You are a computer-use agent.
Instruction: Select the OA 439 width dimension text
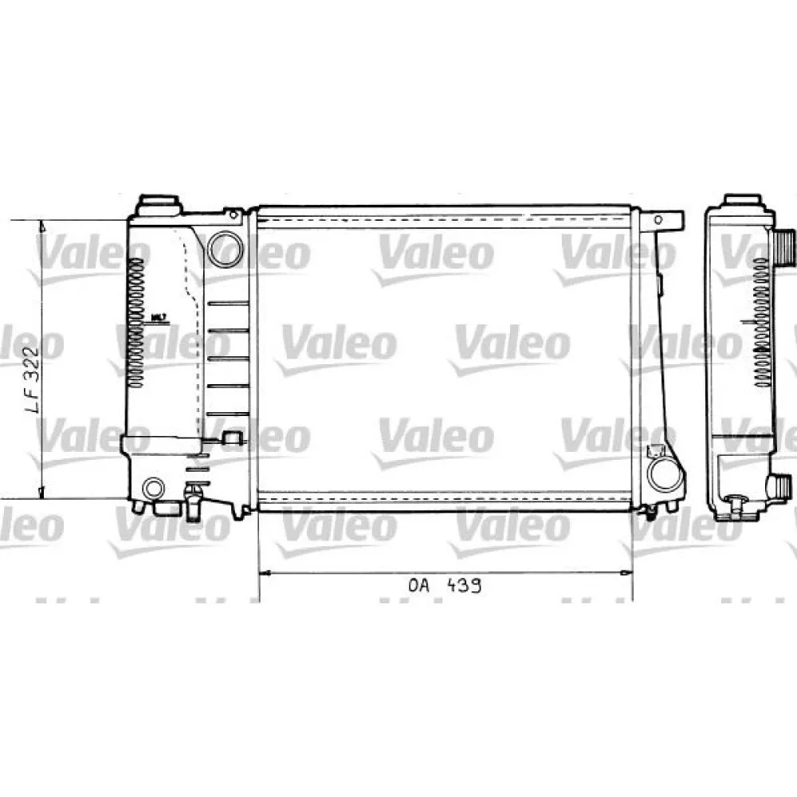[445, 587]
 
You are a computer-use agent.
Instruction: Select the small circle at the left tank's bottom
[152, 488]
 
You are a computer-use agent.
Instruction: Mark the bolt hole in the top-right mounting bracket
[658, 218]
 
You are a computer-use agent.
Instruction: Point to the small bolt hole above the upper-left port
[233, 215]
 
